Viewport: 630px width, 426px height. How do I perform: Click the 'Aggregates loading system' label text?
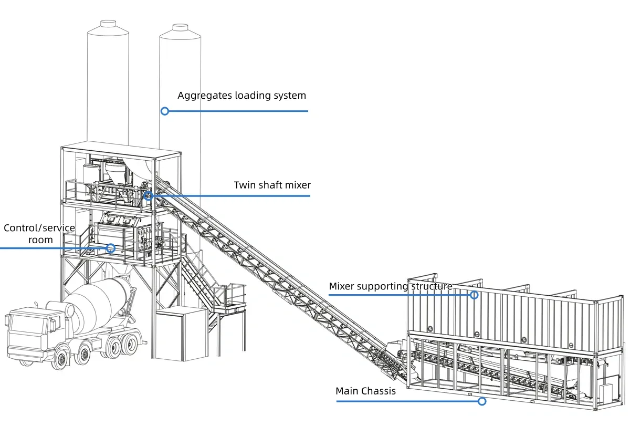pyautogui.click(x=241, y=96)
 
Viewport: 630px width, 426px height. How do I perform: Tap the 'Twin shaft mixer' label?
pyautogui.click(x=272, y=185)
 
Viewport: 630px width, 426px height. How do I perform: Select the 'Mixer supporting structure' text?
pyautogui.click(x=390, y=286)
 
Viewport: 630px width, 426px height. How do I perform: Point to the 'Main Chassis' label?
pyautogui.click(x=365, y=391)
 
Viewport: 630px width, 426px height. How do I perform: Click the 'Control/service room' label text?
pyautogui.click(x=39, y=234)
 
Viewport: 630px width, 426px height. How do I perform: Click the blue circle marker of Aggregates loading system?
pyautogui.click(x=165, y=111)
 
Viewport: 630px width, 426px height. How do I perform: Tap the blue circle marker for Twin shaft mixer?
pyautogui.click(x=149, y=196)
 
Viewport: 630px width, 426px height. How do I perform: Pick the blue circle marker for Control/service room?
pyautogui.click(x=110, y=248)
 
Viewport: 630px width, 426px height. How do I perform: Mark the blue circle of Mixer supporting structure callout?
pyautogui.click(x=474, y=295)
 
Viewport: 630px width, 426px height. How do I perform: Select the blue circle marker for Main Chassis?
pyautogui.click(x=482, y=401)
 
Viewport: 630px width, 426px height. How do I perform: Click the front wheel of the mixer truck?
pyautogui.click(x=62, y=359)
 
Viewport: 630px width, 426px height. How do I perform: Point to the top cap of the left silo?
pyautogui.click(x=108, y=23)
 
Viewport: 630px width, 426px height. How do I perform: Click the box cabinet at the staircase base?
pyautogui.click(x=181, y=334)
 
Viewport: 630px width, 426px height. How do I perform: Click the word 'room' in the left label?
pyautogui.click(x=40, y=240)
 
